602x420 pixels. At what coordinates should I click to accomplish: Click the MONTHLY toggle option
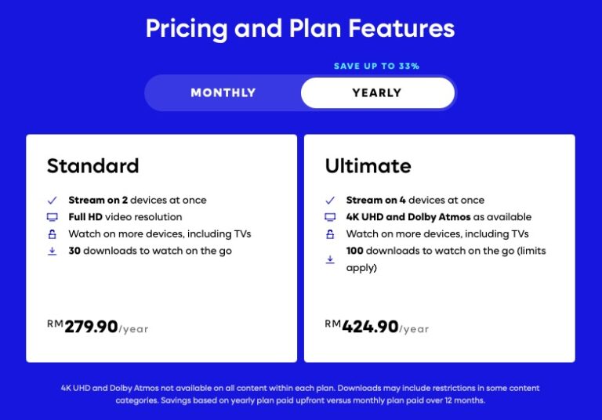[x=223, y=92]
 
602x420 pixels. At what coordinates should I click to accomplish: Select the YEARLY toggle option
[x=377, y=92]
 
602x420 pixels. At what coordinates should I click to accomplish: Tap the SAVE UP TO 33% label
[x=376, y=66]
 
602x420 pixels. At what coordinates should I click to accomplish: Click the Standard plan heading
[x=92, y=166]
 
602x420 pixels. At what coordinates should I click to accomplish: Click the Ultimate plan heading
[x=368, y=166]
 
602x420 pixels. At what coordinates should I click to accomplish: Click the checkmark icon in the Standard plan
[x=53, y=200]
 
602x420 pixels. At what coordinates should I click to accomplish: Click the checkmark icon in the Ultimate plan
[x=330, y=200]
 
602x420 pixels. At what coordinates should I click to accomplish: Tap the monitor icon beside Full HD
[x=53, y=217]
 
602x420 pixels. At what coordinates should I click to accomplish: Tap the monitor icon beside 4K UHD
[x=330, y=217]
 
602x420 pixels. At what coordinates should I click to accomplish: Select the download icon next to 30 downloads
[x=53, y=252]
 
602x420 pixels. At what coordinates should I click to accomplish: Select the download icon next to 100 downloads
[x=330, y=259]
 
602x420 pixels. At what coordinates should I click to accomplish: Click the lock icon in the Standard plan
[x=53, y=234]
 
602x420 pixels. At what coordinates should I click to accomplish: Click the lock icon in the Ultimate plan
[x=330, y=234]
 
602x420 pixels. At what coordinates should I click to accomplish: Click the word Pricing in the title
[x=180, y=29]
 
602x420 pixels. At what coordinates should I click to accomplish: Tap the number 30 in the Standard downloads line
[x=74, y=252]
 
